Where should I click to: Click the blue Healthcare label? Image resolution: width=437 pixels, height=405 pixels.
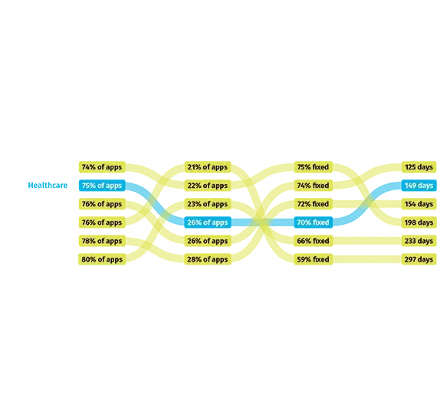coord(48,185)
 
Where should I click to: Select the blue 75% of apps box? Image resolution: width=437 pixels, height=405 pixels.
coord(102,186)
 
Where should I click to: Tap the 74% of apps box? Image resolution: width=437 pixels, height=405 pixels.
coord(102,167)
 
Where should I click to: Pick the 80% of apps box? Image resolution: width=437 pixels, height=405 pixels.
coord(102,259)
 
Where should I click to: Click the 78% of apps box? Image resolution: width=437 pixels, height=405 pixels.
coord(102,241)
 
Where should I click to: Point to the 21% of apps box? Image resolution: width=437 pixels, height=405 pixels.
coord(208,167)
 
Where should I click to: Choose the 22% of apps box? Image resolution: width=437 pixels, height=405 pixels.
coord(208,186)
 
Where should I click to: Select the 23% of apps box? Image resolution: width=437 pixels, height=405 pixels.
coord(208,204)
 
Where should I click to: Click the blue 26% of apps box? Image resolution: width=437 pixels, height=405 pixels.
coord(208,222)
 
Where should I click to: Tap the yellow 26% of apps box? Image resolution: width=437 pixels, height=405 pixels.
coord(208,241)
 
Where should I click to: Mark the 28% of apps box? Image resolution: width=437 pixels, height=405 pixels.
coord(208,259)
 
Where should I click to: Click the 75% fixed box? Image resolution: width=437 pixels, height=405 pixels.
coord(314,167)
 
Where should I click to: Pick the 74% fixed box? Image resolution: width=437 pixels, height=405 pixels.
coord(314,186)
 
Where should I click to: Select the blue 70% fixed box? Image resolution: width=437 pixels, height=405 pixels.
coord(314,222)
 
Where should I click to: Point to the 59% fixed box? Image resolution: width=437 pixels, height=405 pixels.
coord(314,259)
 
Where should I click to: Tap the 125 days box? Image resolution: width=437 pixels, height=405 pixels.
coord(419,167)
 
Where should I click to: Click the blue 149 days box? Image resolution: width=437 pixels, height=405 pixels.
coord(419,186)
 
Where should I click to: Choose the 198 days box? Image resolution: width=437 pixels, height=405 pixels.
coord(419,222)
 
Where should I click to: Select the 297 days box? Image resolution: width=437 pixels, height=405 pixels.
coord(419,259)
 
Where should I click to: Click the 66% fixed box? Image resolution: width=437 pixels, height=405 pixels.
coord(314,241)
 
